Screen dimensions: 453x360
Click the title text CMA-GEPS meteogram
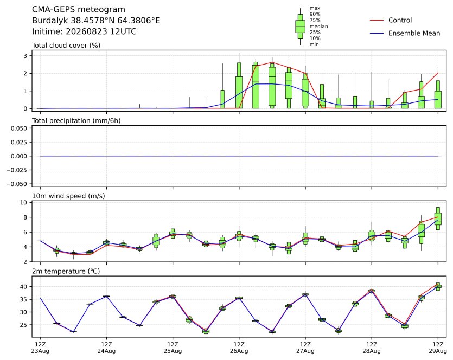(x=79, y=10)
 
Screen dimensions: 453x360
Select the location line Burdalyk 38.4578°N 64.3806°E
(x=96, y=21)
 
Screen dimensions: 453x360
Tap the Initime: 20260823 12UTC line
(x=84, y=31)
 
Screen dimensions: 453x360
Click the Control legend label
(x=400, y=20)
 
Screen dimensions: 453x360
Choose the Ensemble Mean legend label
(x=414, y=33)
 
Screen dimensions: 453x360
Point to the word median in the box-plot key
(x=318, y=26)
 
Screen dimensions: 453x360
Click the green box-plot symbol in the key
(x=301, y=27)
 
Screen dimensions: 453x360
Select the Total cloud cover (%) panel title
(x=66, y=46)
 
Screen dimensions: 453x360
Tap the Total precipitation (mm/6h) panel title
(x=76, y=121)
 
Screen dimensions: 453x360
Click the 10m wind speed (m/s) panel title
(x=68, y=196)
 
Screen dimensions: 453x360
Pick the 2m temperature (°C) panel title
(x=66, y=272)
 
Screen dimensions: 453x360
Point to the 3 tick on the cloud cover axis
(x=25, y=56)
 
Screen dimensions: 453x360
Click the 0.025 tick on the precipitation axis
(x=19, y=142)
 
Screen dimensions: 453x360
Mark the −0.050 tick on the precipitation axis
(x=17, y=184)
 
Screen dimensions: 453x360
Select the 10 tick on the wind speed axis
(x=24, y=202)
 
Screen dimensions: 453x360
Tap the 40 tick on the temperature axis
(x=24, y=287)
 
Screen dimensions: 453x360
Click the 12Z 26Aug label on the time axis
(x=239, y=348)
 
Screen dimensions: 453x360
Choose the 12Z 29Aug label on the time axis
(x=438, y=348)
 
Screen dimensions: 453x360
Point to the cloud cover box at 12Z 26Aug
(x=239, y=86)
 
